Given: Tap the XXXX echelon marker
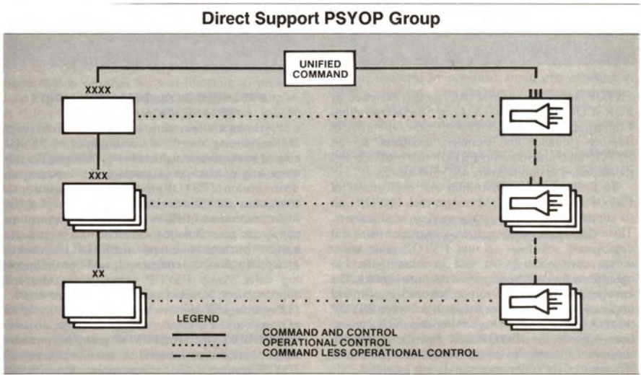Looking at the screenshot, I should click(x=98, y=90).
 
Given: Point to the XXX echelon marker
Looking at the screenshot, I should click(x=98, y=175).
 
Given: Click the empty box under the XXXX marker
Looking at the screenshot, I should click(x=98, y=115).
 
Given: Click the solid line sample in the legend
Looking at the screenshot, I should click(x=198, y=335).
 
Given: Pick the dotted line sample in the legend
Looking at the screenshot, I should click(x=198, y=344).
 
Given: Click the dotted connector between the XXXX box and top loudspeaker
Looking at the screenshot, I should click(x=318, y=115).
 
